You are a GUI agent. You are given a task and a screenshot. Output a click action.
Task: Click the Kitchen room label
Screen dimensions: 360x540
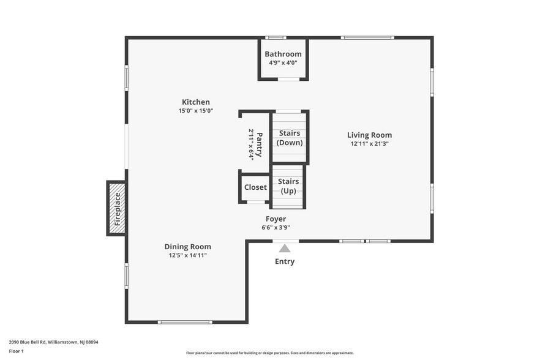[195, 102]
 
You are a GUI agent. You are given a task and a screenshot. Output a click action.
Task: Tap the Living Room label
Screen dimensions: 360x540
[369, 135]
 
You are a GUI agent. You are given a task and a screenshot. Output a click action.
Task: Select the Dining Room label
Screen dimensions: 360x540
[187, 247]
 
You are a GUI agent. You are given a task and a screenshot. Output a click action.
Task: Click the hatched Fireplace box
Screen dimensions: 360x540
[117, 208]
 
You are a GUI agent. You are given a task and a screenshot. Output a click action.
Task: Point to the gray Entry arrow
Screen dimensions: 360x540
[285, 248]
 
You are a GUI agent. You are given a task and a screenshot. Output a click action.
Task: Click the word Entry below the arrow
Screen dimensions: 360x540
[285, 261]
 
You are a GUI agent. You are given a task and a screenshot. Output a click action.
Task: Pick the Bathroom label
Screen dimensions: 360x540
[283, 54]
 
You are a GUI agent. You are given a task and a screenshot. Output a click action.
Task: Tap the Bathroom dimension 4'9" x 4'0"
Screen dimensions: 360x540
[283, 62]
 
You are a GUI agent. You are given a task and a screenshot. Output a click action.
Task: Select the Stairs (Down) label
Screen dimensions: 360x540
[290, 138]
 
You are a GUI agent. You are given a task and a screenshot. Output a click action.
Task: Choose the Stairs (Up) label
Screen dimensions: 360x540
[288, 186]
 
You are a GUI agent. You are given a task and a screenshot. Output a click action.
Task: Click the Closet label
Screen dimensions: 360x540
[255, 187]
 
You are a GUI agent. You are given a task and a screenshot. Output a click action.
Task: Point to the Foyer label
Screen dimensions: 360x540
[276, 219]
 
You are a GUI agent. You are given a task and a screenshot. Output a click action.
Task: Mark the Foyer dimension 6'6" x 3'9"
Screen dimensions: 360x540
[276, 227]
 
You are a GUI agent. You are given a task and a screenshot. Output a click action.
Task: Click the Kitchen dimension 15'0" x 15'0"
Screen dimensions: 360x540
[195, 111]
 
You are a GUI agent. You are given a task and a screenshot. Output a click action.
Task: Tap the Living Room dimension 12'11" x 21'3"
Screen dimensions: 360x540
[369, 144]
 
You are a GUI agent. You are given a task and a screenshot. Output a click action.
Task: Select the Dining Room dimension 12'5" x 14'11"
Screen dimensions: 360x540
[187, 255]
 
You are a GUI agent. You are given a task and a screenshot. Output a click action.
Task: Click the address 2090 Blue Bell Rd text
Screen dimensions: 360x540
[53, 342]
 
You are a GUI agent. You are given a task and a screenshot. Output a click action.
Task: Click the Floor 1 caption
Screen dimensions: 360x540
[16, 351]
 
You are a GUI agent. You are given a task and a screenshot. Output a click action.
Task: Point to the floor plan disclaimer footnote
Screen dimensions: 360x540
[269, 353]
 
